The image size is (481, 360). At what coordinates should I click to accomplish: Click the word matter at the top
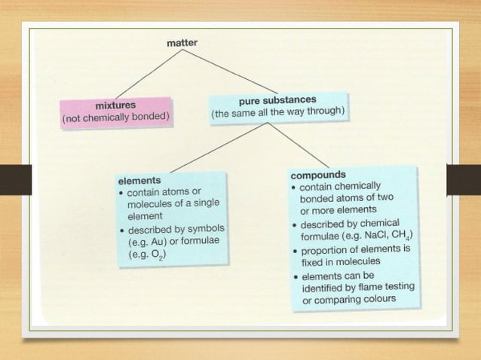coord(182,44)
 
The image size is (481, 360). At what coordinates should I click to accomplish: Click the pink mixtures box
coord(117,111)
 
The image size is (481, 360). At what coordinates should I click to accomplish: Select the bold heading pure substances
coord(277,100)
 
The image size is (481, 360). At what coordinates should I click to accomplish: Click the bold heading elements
coord(139,181)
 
